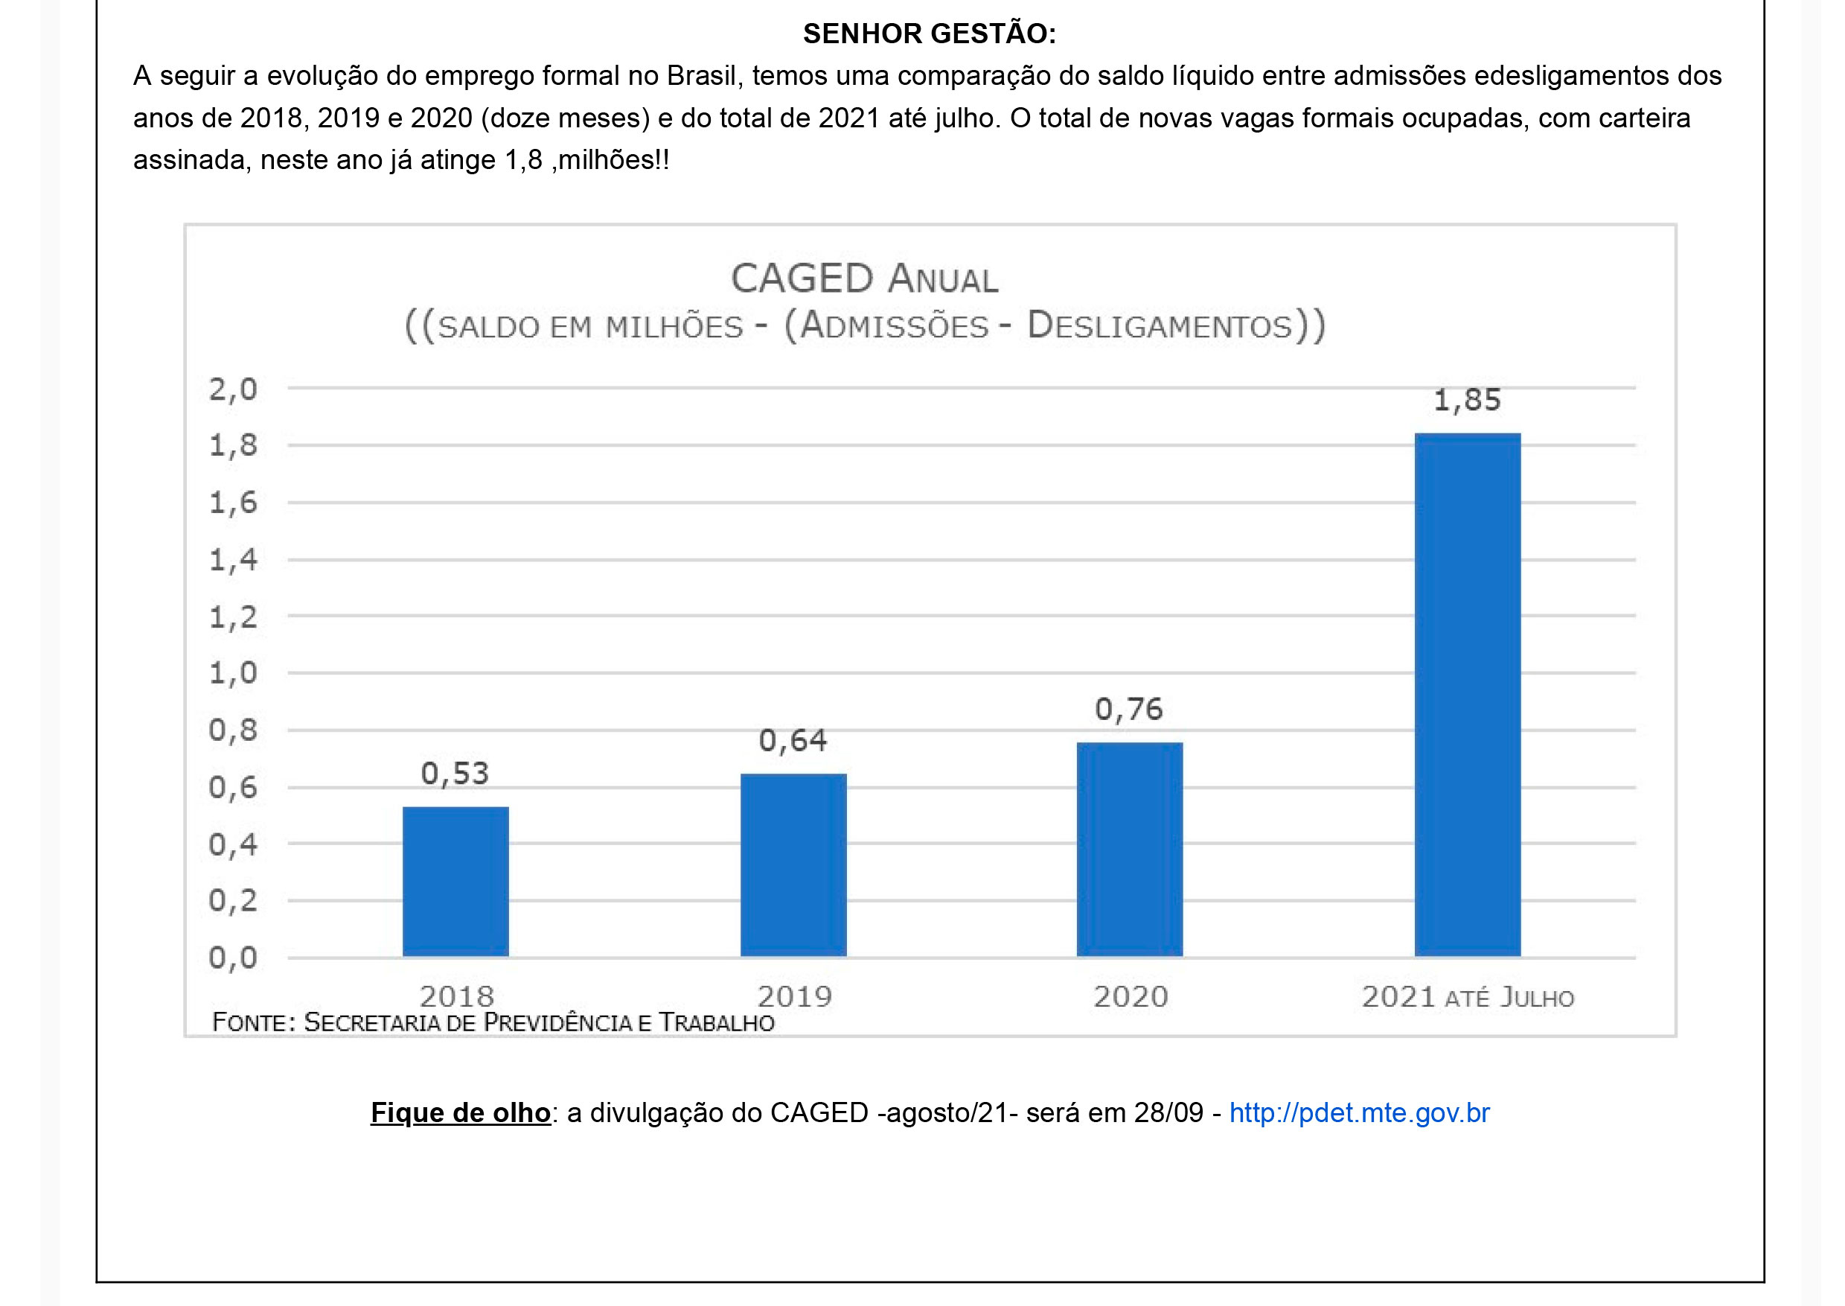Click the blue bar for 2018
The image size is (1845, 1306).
pos(455,882)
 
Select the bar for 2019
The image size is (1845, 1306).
pos(793,865)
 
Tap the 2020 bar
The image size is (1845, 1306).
pos(1130,850)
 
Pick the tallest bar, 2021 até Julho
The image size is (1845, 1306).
pos(1467,695)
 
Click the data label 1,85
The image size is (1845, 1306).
pos(1467,400)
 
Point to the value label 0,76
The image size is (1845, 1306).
pos(1129,710)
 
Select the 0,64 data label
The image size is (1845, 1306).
pos(793,741)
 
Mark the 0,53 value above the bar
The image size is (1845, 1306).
pos(455,774)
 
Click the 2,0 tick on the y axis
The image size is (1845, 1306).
pos(233,390)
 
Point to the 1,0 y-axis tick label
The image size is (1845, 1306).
pos(233,673)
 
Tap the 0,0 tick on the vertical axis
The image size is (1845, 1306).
pos(233,958)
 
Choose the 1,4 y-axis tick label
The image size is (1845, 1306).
pos(233,560)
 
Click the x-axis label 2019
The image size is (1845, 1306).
pos(794,997)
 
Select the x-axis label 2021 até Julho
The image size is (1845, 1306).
pos(1467,997)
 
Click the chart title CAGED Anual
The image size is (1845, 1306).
pos(864,279)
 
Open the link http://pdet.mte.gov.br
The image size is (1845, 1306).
pos(1360,1112)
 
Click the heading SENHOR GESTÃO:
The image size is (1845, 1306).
pos(930,34)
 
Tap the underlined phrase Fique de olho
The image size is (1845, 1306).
pos(460,1112)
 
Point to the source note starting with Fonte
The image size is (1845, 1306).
pos(493,1023)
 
